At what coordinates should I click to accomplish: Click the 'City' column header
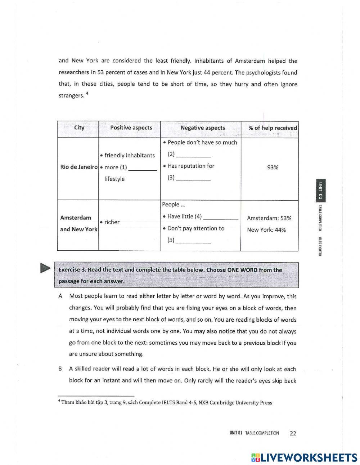tap(79, 128)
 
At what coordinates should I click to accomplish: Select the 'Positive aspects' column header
tap(131, 128)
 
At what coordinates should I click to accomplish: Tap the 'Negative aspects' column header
tap(203, 128)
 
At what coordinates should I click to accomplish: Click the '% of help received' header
tap(273, 128)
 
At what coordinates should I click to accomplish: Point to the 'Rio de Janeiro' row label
tap(79, 167)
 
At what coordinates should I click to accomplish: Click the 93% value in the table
tap(273, 167)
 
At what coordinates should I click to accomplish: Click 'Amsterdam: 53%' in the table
tap(269, 218)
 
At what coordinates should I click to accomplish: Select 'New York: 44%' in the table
tap(266, 230)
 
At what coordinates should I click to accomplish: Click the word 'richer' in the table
tap(112, 222)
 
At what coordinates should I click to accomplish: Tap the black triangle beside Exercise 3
tap(45, 269)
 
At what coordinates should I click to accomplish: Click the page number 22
tap(293, 433)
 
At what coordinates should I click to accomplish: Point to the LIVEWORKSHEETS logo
tap(304, 457)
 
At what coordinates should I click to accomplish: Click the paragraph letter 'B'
tap(60, 369)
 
